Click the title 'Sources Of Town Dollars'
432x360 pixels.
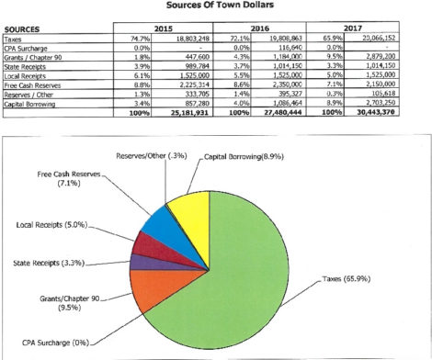pos(217,6)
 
